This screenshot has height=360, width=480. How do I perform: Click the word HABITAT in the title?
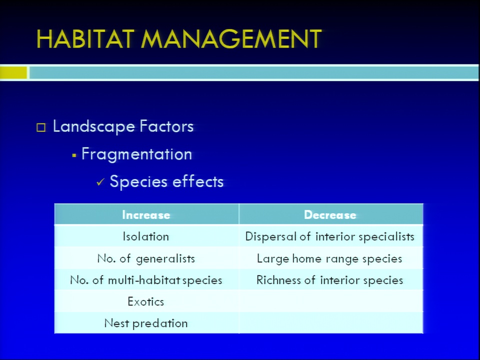[85, 39]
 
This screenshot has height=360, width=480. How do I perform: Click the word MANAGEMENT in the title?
[231, 39]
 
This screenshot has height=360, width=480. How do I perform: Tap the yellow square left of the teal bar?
[13, 73]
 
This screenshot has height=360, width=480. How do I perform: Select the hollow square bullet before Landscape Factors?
[41, 127]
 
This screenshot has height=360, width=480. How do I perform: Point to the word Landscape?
[93, 126]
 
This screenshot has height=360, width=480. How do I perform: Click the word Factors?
[166, 126]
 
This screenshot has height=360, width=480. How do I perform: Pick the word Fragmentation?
[136, 154]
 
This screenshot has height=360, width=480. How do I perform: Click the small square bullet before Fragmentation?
[74, 156]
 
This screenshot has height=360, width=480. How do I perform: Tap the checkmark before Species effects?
[100, 182]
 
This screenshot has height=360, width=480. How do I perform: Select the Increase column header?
[146, 215]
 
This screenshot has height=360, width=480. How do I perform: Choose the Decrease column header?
[330, 215]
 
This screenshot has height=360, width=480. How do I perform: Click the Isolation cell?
[145, 236]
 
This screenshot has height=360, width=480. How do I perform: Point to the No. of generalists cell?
[146, 258]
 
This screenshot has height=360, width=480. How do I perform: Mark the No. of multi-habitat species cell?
[146, 280]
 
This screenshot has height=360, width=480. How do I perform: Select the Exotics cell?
[145, 302]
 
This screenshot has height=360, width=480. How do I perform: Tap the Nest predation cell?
[145, 323]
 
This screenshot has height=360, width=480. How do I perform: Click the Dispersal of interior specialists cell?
[329, 237]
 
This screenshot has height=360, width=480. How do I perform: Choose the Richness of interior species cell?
[329, 280]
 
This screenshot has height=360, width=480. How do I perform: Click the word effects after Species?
[198, 181]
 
